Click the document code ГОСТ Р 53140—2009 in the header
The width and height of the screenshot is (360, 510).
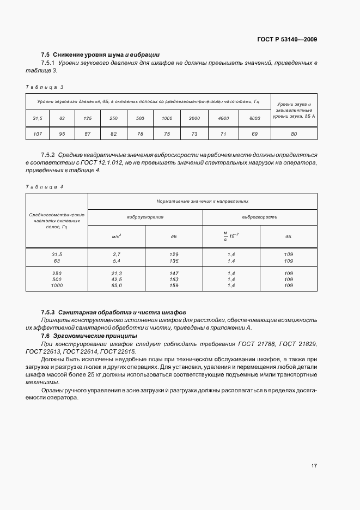click(x=287, y=39)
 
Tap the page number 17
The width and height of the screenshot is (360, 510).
click(x=314, y=465)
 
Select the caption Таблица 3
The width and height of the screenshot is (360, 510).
click(x=45, y=87)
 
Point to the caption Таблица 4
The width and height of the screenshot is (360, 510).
click(x=45, y=187)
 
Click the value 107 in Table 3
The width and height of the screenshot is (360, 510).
click(x=38, y=133)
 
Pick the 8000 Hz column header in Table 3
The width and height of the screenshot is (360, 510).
click(x=254, y=118)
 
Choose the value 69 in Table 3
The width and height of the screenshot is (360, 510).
click(x=254, y=133)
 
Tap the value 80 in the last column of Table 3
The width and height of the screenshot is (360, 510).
click(x=294, y=133)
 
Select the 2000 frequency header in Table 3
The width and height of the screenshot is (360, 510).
click(x=194, y=118)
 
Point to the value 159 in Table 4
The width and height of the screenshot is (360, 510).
click(x=174, y=285)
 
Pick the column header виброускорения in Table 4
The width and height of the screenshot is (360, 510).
click(x=145, y=217)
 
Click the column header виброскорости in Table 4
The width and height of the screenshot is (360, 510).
click(x=260, y=217)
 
